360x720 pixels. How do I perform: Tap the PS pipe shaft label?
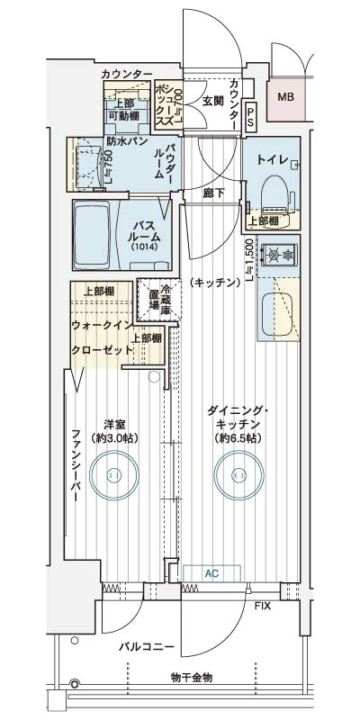click(x=250, y=115)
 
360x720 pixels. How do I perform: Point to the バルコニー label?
click(x=144, y=646)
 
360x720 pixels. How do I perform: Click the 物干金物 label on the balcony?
click(x=189, y=677)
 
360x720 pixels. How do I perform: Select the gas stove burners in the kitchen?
click(x=279, y=257)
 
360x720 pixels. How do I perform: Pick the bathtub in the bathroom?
click(x=91, y=233)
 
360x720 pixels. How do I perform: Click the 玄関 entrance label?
click(x=212, y=100)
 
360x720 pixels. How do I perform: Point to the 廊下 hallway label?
click(x=212, y=193)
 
